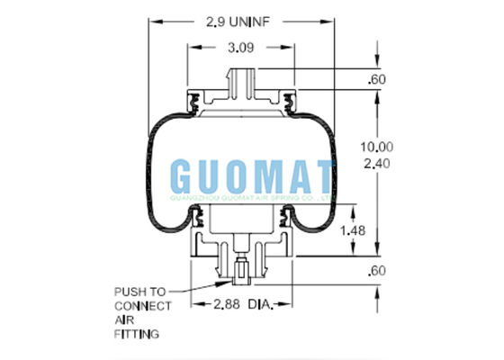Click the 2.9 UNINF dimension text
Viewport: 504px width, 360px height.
tap(238, 18)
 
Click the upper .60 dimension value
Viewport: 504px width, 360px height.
tap(379, 81)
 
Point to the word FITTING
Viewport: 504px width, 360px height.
tap(133, 334)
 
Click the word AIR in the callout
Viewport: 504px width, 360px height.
tap(122, 319)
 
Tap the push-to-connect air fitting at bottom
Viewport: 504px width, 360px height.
tap(240, 273)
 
